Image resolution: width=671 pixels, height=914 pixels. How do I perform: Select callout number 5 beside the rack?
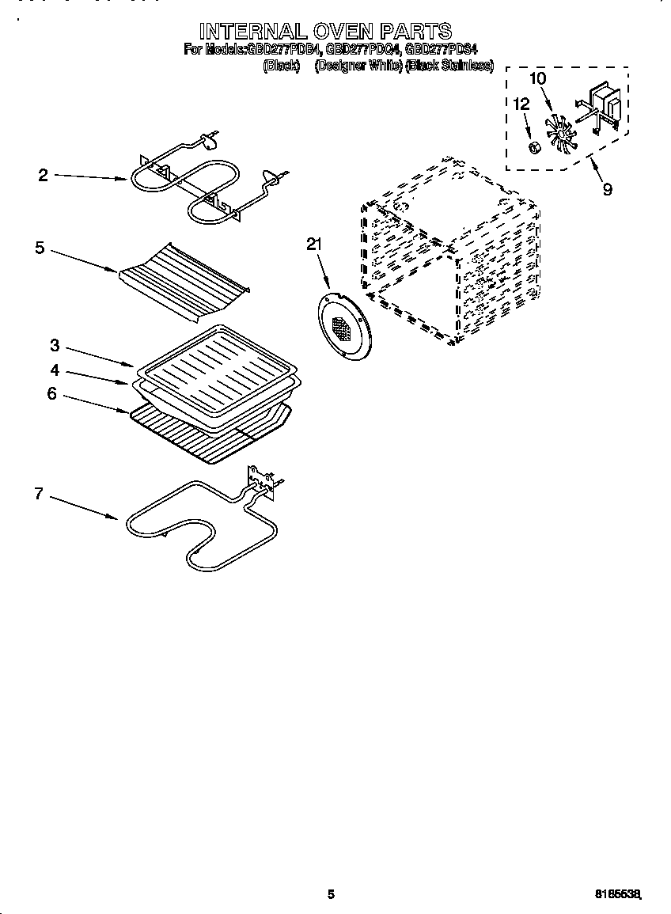40,248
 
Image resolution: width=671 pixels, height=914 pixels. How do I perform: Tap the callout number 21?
314,246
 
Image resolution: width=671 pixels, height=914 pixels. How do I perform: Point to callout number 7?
38,494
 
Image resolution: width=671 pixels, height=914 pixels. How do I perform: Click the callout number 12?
521,104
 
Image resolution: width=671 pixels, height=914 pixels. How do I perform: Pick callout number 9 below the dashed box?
608,190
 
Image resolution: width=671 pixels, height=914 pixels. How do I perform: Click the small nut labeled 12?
534,147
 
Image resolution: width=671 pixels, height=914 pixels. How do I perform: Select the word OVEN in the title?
340,32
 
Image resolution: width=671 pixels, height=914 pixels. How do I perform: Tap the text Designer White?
358,66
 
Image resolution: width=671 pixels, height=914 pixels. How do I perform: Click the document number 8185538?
617,894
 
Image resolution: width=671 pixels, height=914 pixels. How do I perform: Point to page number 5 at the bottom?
332,894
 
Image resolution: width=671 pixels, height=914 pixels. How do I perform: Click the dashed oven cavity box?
451,253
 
